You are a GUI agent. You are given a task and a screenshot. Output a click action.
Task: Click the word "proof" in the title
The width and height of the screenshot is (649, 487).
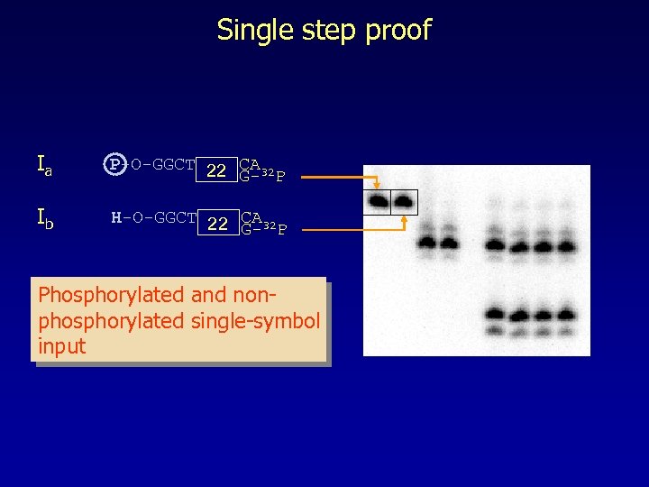pos(397,31)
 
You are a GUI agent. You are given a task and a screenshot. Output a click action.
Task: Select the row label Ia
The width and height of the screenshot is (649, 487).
pos(44,165)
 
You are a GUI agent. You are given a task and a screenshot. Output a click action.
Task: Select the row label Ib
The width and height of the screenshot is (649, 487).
pos(44,218)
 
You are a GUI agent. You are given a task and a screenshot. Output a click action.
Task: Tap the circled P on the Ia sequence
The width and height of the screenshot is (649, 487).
pos(114,165)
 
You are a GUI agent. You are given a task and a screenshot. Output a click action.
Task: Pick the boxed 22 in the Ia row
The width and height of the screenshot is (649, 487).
pos(216,170)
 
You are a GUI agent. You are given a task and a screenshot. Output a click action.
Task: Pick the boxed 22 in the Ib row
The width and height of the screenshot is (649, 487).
pos(217,224)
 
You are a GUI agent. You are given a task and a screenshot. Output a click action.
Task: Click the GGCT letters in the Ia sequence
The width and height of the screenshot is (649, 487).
pos(174,165)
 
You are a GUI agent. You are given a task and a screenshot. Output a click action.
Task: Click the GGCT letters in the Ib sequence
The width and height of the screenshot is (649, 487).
pos(175,217)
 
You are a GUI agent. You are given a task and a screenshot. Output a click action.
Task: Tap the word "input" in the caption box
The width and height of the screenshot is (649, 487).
pos(61,346)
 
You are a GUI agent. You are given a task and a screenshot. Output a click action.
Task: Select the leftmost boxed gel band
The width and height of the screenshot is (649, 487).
pos(377,201)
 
